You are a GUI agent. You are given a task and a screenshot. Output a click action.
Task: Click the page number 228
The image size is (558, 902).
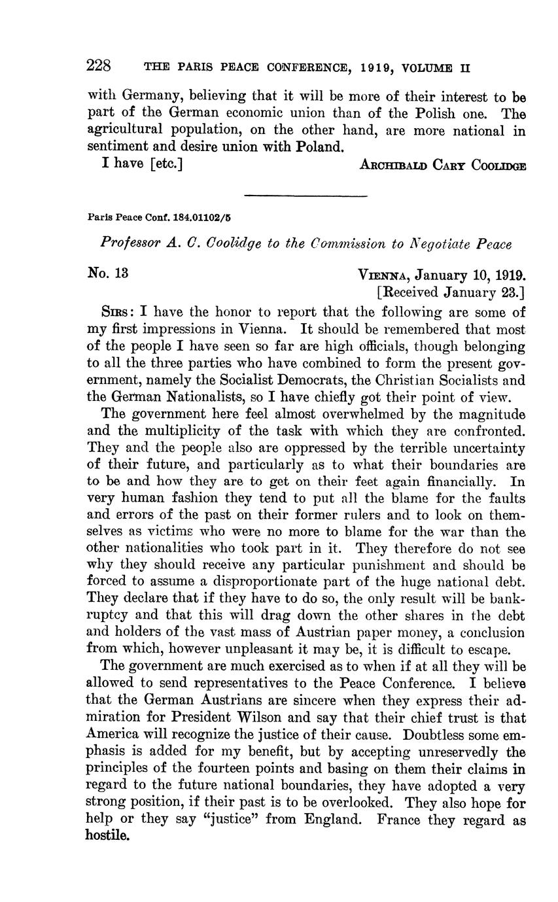tap(100, 66)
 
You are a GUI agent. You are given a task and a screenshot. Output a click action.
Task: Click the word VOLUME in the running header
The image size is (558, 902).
tap(429, 67)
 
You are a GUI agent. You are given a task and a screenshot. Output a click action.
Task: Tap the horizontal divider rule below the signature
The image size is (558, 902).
tap(305, 195)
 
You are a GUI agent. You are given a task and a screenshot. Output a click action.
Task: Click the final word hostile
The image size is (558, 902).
tap(108, 837)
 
